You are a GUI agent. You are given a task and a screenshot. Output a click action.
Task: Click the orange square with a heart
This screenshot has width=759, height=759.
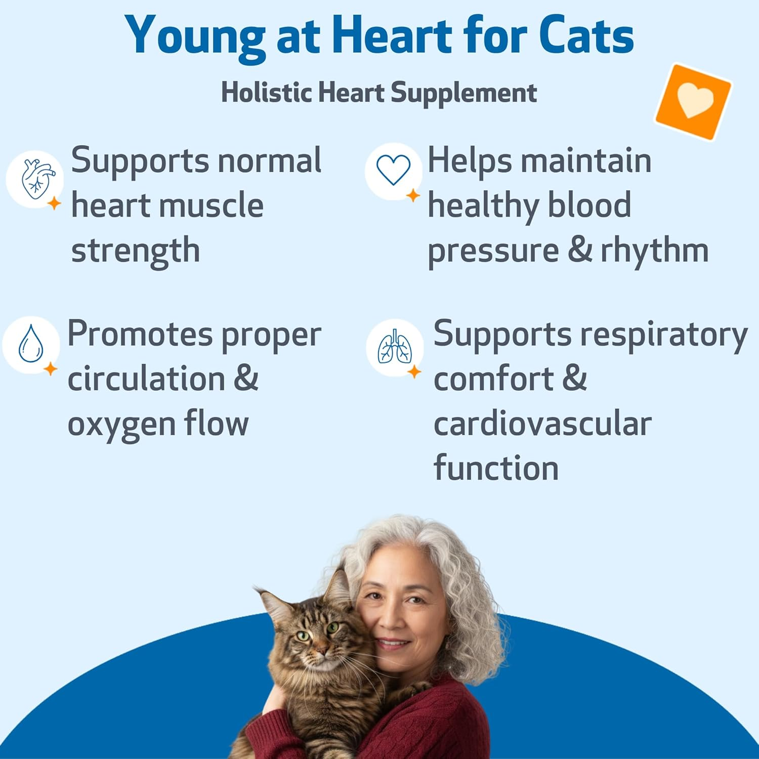694,101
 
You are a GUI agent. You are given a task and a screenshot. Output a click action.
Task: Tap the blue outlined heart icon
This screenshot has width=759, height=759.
393,171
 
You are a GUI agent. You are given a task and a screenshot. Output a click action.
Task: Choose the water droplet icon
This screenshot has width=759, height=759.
30,344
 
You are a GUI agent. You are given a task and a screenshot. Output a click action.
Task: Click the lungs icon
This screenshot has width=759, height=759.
395,348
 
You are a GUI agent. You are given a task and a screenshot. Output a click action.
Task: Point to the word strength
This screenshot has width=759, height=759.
136,250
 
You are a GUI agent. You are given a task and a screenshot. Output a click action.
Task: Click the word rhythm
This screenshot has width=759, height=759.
654,250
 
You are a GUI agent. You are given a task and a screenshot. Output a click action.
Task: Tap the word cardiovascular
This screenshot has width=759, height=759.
542,424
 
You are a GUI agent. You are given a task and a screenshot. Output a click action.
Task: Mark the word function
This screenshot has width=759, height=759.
496,468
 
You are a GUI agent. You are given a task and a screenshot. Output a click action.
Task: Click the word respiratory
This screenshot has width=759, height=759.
663,335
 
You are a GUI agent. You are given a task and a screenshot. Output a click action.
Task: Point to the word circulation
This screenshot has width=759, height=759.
146,379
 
